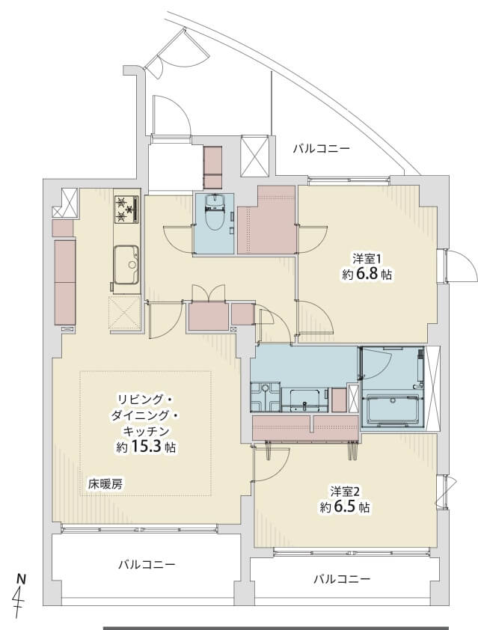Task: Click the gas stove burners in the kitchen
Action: point(126,209)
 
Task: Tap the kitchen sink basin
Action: point(126,264)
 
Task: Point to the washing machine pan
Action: point(265,397)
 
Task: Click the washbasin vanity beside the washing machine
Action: point(304,400)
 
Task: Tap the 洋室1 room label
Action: point(367,257)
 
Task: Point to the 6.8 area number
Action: point(367,275)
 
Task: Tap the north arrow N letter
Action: point(21,579)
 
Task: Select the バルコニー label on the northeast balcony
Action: point(321,149)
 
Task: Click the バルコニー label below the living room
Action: point(147,564)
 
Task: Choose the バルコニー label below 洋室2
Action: point(341,579)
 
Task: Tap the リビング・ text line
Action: point(145,400)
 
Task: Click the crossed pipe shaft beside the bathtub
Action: point(433,388)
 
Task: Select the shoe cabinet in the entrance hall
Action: point(213,167)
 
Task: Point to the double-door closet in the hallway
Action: point(208,316)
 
